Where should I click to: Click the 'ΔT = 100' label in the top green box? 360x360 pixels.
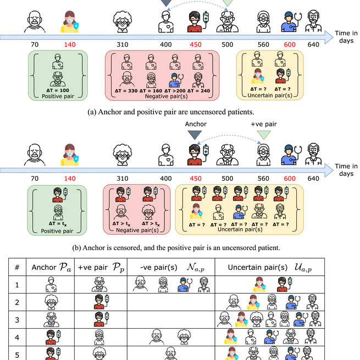tap(57, 89)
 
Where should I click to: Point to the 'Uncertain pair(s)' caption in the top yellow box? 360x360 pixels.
tap(269, 96)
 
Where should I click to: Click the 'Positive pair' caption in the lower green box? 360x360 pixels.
tap(57, 231)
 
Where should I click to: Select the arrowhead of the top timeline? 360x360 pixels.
tap(329, 37)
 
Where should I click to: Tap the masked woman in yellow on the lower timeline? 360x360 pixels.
tap(70, 154)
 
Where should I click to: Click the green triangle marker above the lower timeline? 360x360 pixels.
tap(264, 135)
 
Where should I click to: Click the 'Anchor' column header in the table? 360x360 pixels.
tap(51, 267)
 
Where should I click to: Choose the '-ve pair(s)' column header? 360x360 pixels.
tap(169, 267)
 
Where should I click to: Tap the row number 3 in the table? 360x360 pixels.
tap(17, 320)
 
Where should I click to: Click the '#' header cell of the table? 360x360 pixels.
tap(17, 267)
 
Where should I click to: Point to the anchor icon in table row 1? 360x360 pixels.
tap(51, 284)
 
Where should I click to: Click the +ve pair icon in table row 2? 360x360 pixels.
tap(101, 302)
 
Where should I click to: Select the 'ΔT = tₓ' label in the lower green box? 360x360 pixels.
tap(57, 224)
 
